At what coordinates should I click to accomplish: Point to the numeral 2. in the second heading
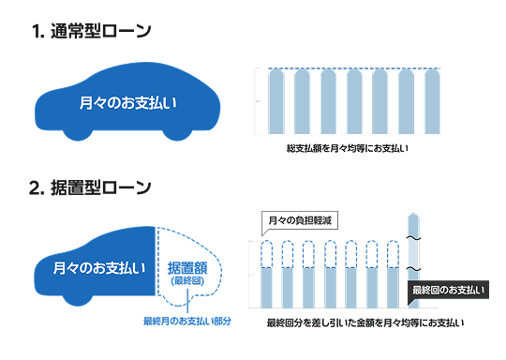tap(37, 187)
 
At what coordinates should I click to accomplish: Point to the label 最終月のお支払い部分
tap(187, 321)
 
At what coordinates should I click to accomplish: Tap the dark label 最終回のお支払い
tap(448, 291)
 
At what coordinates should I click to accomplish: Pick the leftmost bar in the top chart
tap(276, 103)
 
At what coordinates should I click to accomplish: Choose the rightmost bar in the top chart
tap(431, 103)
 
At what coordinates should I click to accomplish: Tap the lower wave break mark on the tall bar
tap(414, 270)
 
